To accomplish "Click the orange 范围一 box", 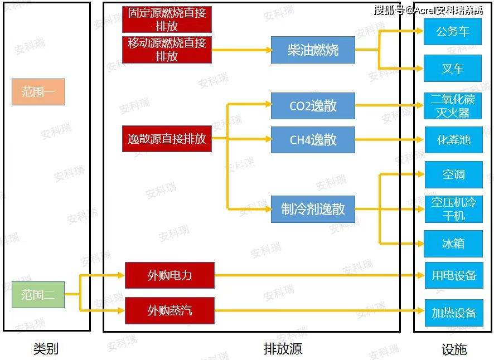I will coord(38,92).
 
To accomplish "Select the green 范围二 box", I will coord(38,295).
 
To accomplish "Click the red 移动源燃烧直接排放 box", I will coord(167,50).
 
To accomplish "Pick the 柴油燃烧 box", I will coord(313,50).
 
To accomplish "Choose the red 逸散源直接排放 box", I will coord(167,139).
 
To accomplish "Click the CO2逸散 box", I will coord(313,105).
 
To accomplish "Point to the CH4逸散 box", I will coord(313,139).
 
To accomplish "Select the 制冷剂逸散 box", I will coord(313,209).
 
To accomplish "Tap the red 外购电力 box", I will coord(169,275).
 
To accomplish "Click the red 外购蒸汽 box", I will coord(169,310).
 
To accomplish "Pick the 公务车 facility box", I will coord(453,32).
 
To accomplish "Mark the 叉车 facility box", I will coord(453,69).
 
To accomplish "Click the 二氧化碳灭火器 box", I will coord(453,106).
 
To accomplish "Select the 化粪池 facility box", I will coord(453,140).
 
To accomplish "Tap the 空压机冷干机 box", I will coord(453,209).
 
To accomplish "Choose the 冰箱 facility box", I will coord(453,244).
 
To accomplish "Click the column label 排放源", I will coord(283,349).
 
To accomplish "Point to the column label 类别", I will coord(46,349).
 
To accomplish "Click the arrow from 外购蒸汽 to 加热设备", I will coord(318,310).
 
